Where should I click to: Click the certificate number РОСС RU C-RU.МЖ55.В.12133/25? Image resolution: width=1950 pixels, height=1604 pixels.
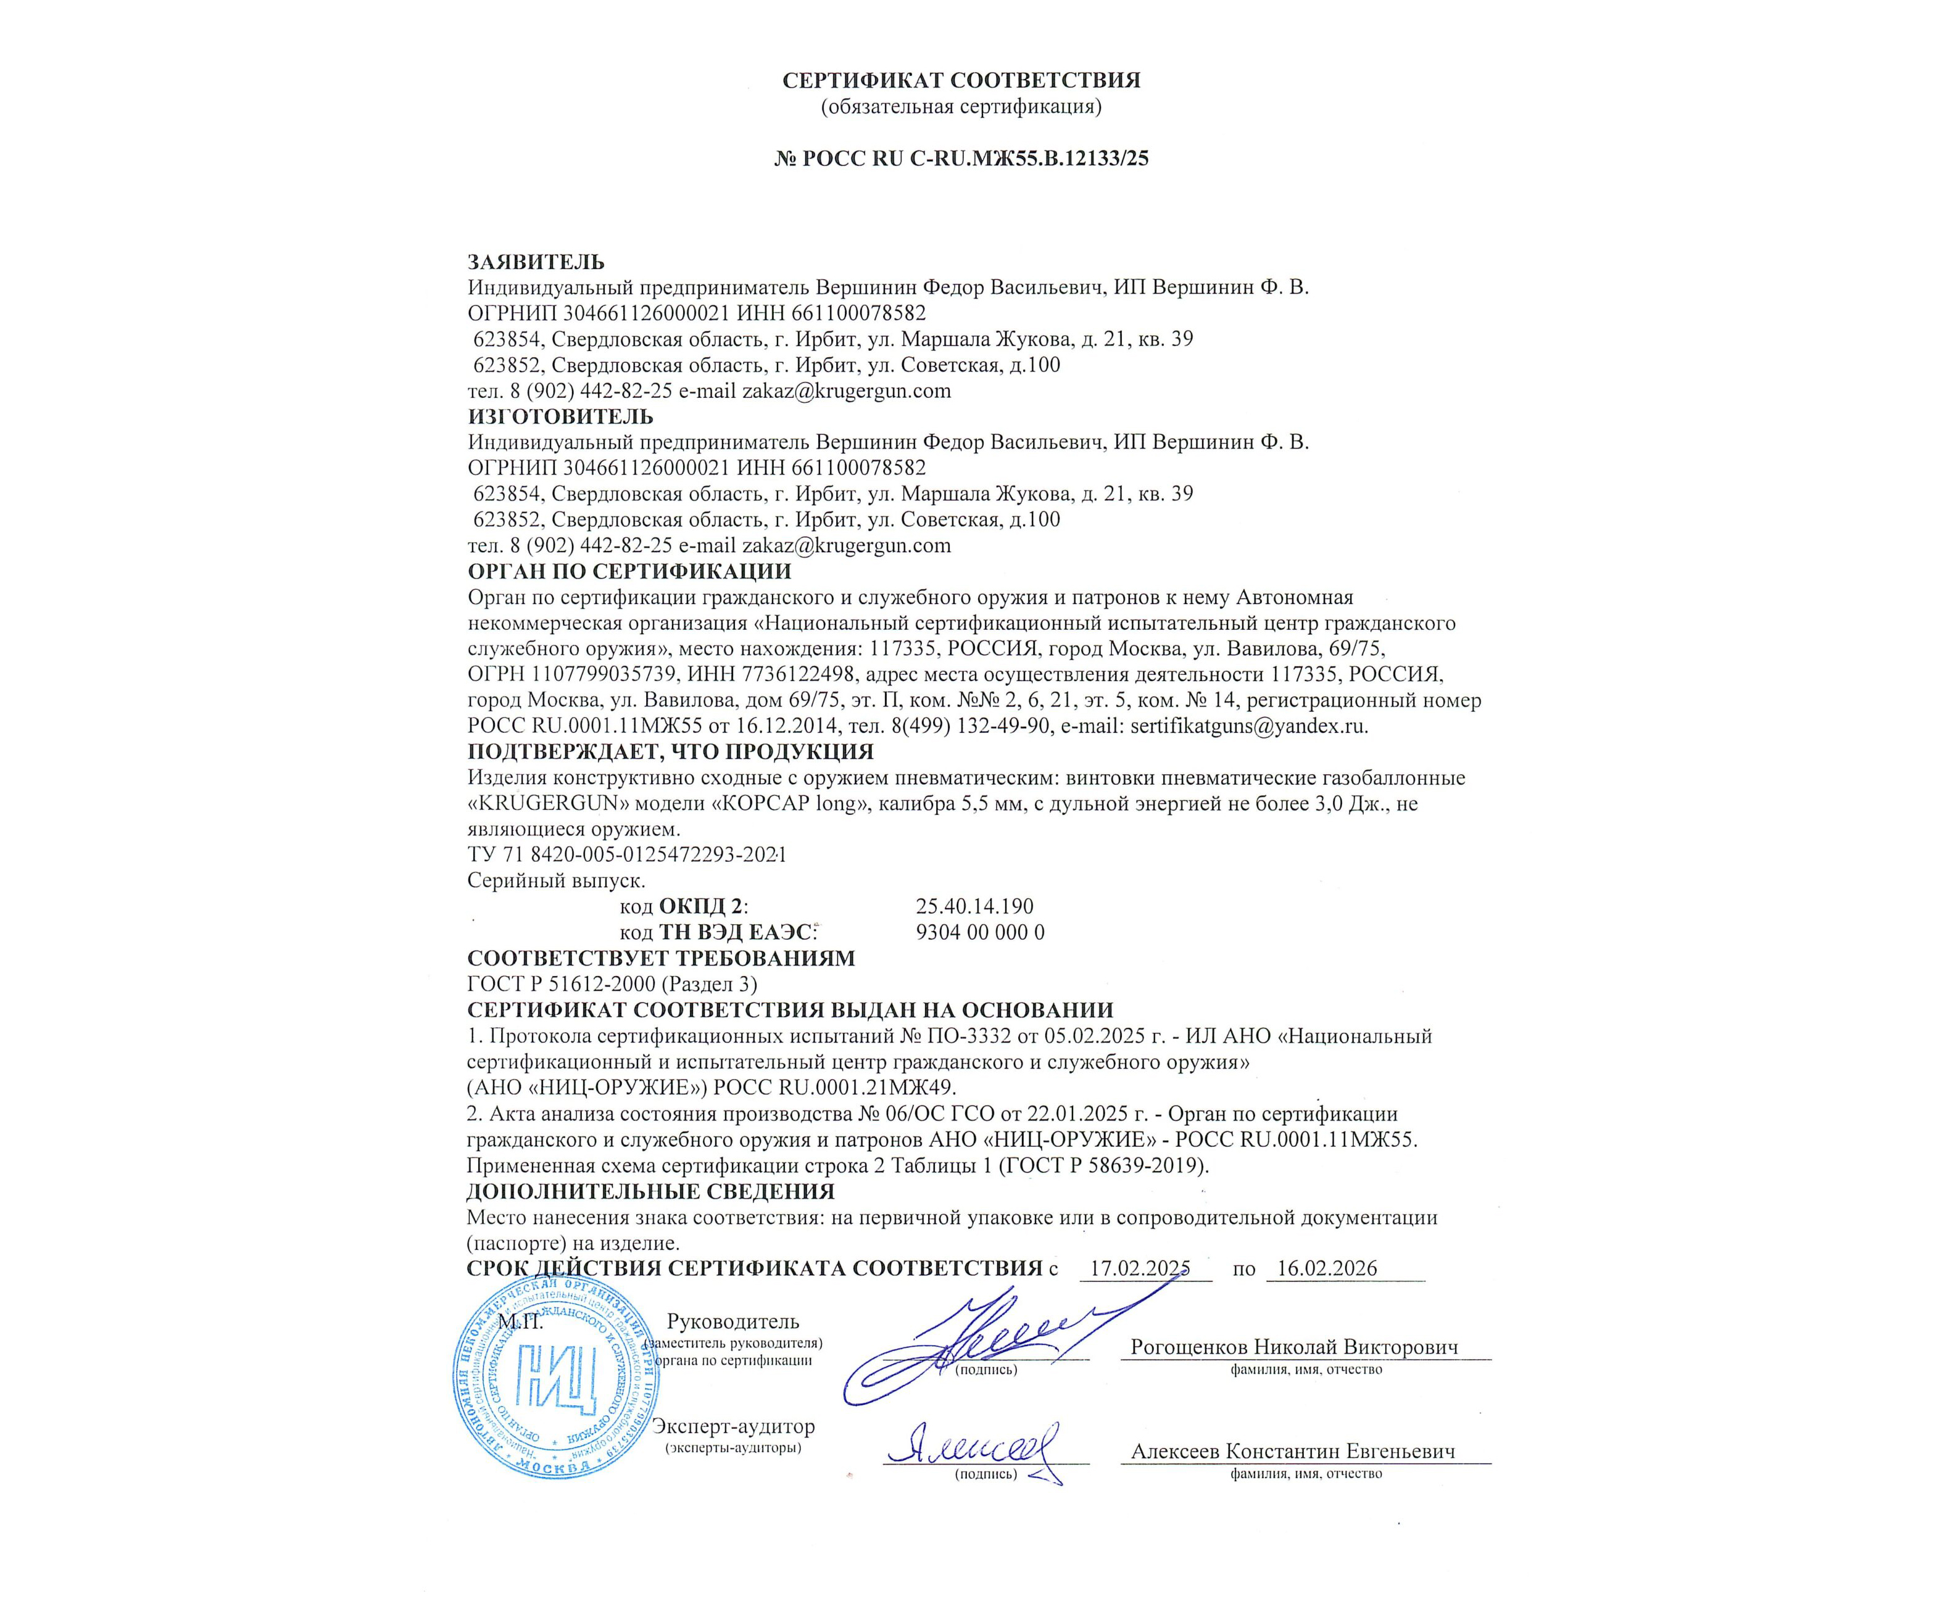[x=961, y=158]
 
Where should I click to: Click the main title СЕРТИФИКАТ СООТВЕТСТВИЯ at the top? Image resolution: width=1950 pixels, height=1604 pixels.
[x=961, y=80]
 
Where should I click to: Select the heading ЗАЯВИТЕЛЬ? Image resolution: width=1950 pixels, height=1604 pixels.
[x=536, y=262]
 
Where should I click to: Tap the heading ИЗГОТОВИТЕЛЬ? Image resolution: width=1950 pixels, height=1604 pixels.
[x=560, y=416]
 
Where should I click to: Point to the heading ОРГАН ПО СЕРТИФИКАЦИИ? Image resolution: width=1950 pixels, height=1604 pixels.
[x=629, y=571]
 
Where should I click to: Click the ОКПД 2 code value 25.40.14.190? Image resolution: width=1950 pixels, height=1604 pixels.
[x=974, y=906]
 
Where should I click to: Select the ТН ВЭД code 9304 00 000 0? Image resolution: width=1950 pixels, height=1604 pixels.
[x=979, y=932]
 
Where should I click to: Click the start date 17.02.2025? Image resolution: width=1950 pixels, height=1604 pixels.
[x=1139, y=1268]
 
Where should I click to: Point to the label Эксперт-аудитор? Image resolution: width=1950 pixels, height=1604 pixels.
[x=733, y=1426]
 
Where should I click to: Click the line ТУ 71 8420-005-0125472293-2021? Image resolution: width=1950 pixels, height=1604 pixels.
[x=626, y=854]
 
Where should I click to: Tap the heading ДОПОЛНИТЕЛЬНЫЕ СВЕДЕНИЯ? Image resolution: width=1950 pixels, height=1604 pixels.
[x=650, y=1191]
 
